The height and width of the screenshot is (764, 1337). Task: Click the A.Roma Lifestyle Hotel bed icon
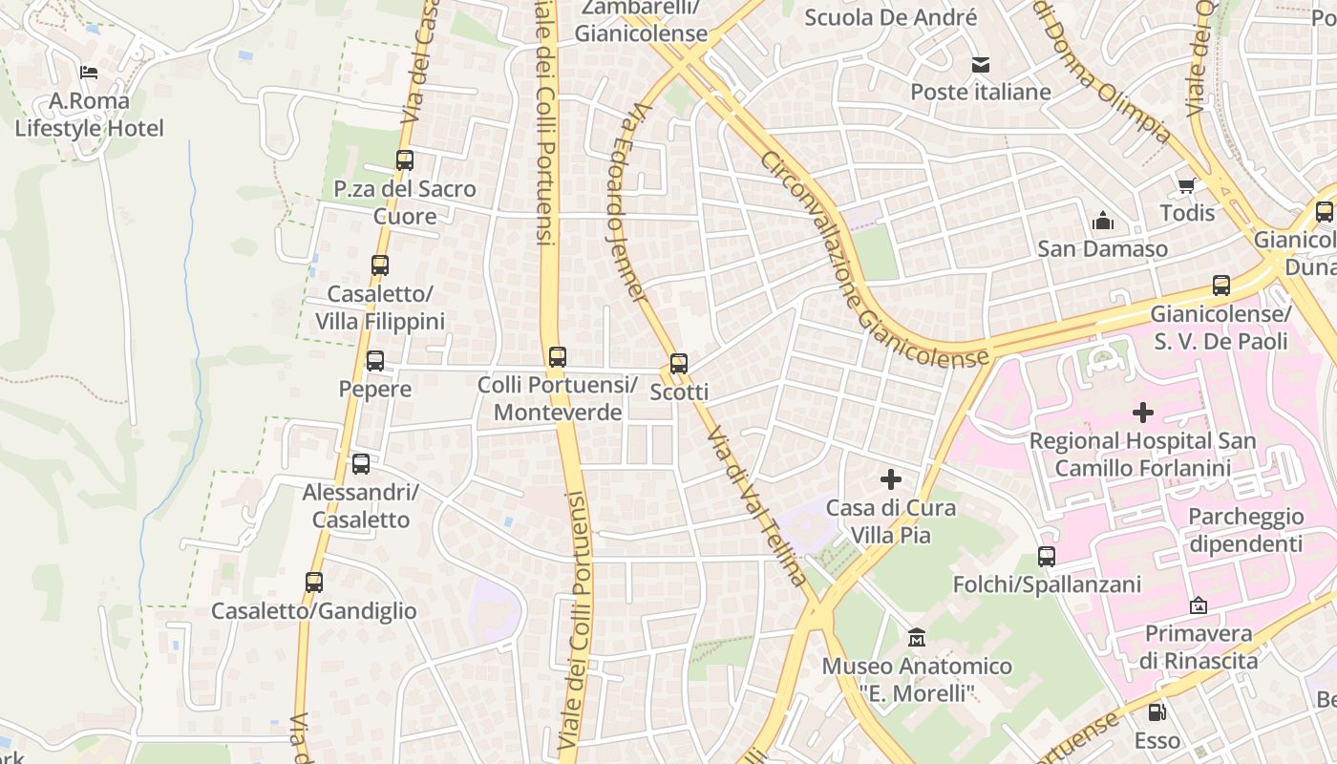[x=89, y=72]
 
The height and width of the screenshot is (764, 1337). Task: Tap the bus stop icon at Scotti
[x=679, y=364]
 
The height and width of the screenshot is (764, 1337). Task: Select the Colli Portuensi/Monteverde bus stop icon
[x=558, y=357]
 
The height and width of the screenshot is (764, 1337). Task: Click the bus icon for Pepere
[x=375, y=361]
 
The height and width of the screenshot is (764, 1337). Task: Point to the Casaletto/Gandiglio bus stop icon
[x=314, y=582]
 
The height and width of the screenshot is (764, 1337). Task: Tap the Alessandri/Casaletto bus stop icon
[x=361, y=464]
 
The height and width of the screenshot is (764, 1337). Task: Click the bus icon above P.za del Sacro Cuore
[x=405, y=160]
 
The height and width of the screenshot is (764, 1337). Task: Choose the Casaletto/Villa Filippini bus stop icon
[x=380, y=265]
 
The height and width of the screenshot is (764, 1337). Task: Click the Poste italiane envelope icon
[x=981, y=65]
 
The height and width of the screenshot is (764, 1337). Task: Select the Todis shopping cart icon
[x=1187, y=185]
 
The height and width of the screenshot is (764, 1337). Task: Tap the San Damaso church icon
[x=1103, y=222]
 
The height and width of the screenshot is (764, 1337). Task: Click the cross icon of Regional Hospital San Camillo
[x=1143, y=413]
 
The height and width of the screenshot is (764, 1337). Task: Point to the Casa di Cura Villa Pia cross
[x=891, y=479]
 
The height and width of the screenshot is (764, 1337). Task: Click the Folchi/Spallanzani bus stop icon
[x=1047, y=557]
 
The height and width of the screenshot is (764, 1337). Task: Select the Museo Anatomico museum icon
[x=917, y=637]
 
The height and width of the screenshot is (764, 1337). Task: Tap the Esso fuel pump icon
[x=1157, y=711]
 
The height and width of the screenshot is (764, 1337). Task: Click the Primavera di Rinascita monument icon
[x=1199, y=605]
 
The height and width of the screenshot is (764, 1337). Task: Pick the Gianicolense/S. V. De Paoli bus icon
[x=1221, y=286]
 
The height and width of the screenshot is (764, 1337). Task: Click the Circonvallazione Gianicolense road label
[x=873, y=258]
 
